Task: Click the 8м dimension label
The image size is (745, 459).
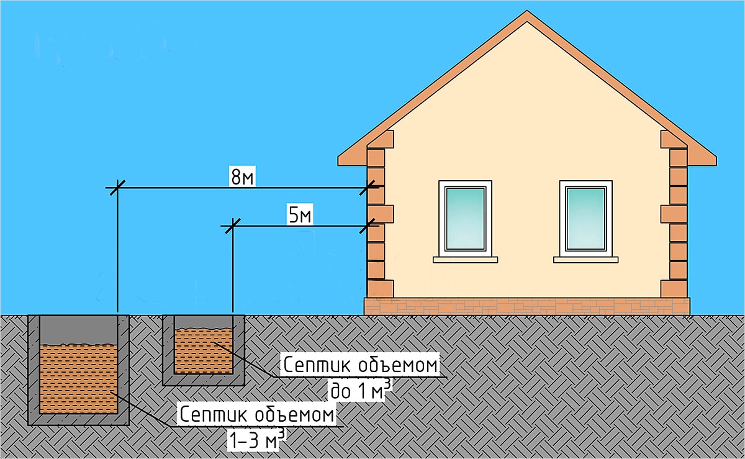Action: pyautogui.click(x=242, y=178)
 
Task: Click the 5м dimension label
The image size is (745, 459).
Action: pyautogui.click(x=300, y=216)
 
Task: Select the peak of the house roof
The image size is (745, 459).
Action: pyautogui.click(x=526, y=15)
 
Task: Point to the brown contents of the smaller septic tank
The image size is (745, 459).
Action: pyautogui.click(x=204, y=351)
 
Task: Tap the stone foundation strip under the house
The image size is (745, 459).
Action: pyautogui.click(x=526, y=305)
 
